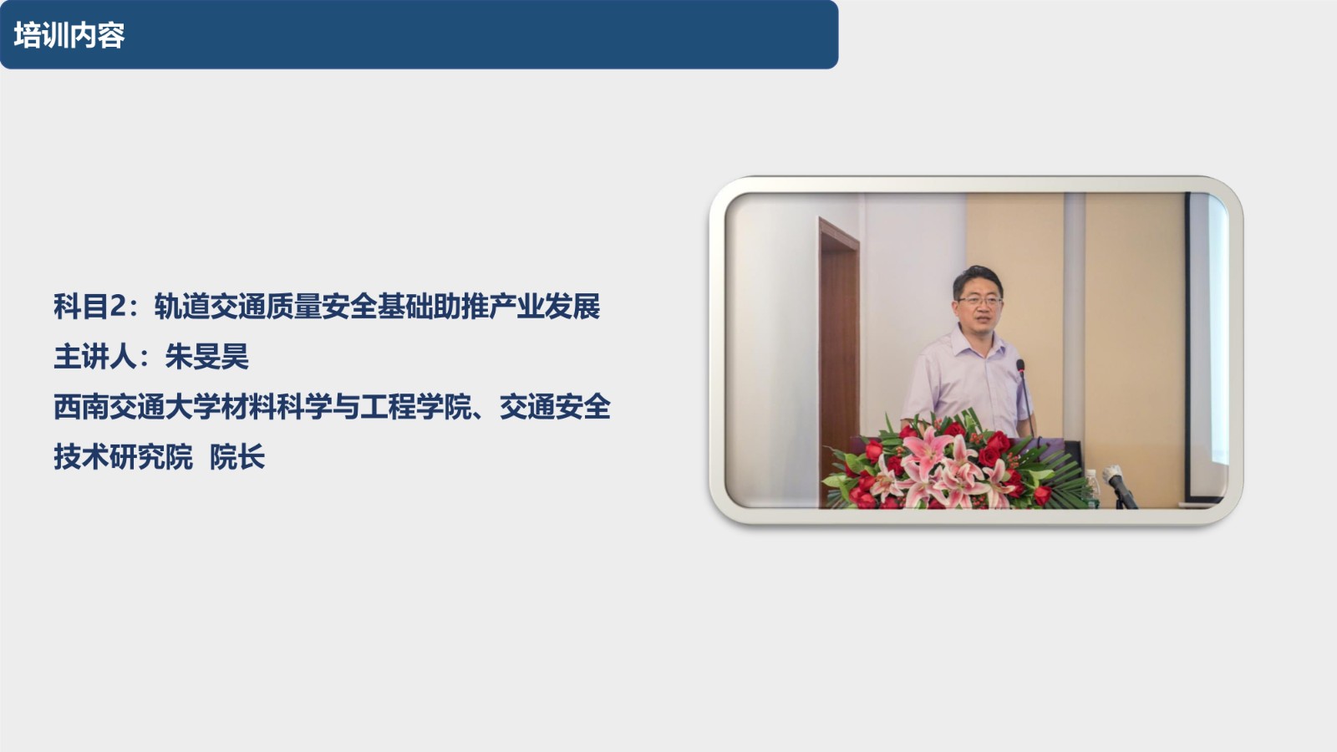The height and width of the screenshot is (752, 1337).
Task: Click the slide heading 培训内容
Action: coord(69,35)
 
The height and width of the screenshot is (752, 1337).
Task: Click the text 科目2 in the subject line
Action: coord(90,307)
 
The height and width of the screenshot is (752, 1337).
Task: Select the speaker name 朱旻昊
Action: coord(206,357)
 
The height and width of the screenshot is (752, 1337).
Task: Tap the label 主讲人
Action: coord(95,357)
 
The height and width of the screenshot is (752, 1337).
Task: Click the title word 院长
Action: coord(237,457)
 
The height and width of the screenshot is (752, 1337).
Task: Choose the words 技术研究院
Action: coord(124,457)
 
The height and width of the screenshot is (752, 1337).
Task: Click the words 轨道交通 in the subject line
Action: coord(210,307)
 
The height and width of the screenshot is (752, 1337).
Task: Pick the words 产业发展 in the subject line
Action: coord(544,307)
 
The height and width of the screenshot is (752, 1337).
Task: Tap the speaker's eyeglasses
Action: coord(980,302)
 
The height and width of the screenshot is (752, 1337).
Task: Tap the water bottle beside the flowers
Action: coord(1091,487)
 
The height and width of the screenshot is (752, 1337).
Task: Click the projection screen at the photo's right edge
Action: coord(1207,346)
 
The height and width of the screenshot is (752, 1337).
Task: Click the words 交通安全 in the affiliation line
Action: coord(555,407)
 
